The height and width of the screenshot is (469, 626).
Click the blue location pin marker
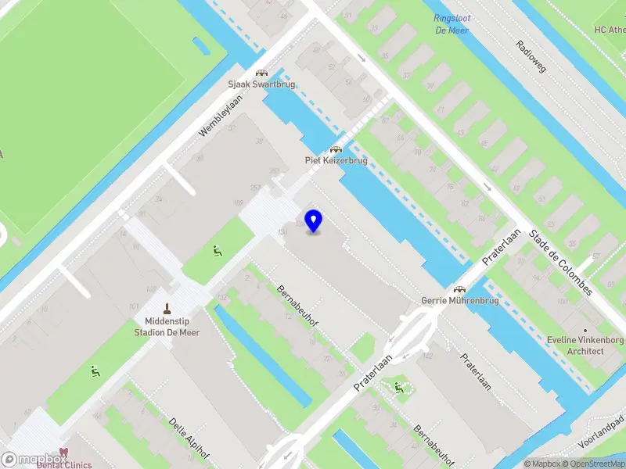coord(313,220)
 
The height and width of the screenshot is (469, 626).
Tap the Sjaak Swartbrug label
coord(261,84)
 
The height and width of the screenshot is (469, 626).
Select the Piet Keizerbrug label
coord(336,160)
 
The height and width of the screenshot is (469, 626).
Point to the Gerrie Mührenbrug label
coord(459,300)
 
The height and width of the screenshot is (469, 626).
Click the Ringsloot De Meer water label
coord(452,24)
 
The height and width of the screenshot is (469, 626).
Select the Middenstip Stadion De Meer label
coord(172,327)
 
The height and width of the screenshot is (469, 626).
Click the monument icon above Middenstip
coord(166,308)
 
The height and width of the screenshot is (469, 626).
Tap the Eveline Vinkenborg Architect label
coord(585,345)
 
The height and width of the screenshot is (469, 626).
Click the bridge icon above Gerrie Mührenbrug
coord(459,288)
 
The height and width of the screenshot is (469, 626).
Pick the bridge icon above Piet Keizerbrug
coord(336,149)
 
